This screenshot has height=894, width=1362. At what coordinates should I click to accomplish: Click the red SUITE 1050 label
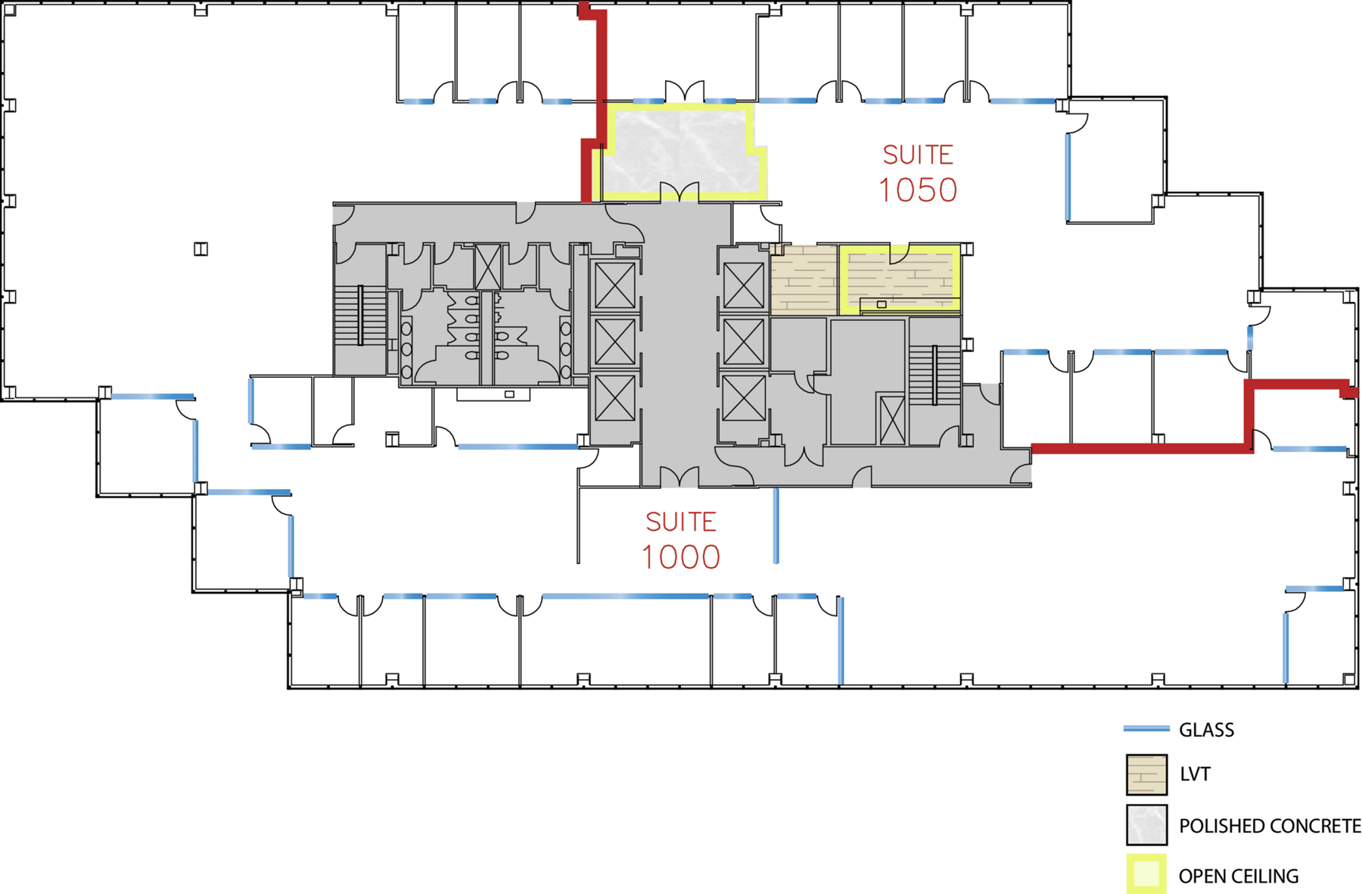point(918,173)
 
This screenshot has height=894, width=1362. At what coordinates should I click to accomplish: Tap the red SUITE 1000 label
point(681,540)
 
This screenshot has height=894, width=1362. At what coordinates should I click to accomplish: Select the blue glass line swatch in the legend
point(1146,729)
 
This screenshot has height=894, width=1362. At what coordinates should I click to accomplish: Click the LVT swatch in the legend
point(1146,774)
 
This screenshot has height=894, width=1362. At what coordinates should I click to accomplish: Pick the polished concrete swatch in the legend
point(1146,824)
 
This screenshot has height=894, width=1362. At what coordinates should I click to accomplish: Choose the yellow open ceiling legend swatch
point(1146,875)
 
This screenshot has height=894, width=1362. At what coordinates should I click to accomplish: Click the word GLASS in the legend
point(1206,730)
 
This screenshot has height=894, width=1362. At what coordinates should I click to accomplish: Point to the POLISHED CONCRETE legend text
point(1270,826)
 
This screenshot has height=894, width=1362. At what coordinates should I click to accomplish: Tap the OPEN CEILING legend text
point(1239,876)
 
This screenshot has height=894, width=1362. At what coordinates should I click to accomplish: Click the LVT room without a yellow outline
point(804,279)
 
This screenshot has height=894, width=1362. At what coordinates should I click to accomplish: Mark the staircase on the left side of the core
point(360,315)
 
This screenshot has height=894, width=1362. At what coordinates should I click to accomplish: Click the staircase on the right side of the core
point(935,375)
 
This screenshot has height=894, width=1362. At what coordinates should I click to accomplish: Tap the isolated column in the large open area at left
point(201,248)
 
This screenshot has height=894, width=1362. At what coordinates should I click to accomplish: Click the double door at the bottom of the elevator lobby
point(679,477)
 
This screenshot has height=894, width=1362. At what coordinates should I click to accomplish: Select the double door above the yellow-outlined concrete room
point(685,91)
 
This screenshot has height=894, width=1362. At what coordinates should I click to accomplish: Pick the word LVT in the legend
point(1195,774)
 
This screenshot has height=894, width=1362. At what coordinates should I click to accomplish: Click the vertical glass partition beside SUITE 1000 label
point(776,525)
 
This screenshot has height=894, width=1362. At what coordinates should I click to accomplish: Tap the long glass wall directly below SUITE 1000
point(625,597)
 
